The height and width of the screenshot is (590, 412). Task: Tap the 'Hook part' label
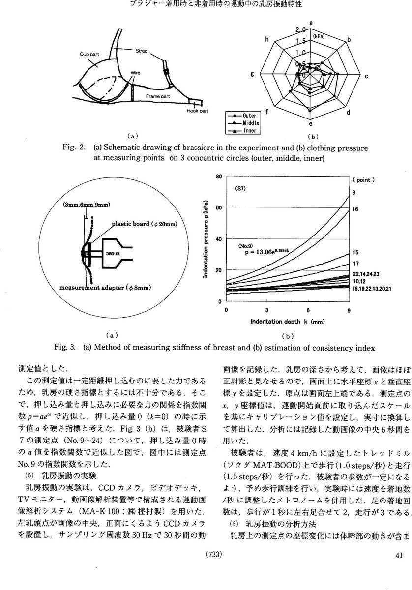point(198,111)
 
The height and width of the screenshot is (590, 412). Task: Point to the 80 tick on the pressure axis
point(219,177)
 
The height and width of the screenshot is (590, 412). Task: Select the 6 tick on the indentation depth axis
point(307,311)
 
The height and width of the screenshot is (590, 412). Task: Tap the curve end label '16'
point(355,210)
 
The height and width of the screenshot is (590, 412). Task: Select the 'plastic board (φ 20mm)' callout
point(145,224)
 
